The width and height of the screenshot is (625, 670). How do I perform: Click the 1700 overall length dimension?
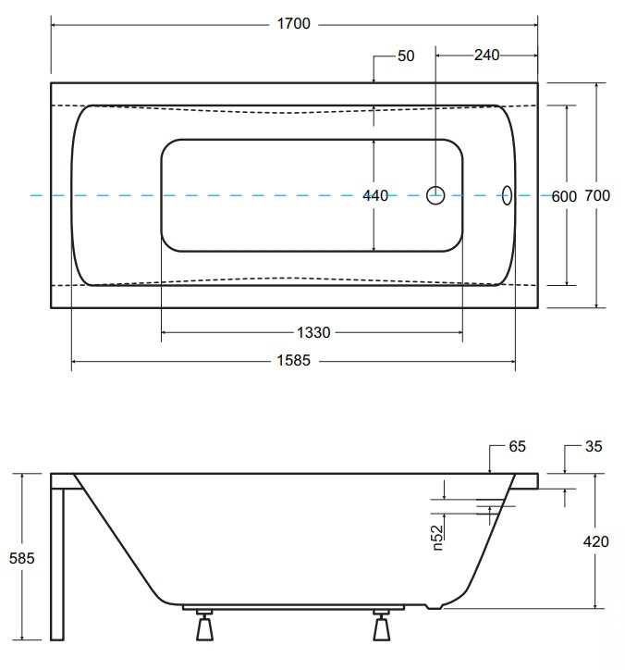[294, 23]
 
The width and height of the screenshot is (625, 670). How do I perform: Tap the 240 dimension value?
[486, 55]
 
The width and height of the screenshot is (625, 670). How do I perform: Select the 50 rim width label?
[406, 56]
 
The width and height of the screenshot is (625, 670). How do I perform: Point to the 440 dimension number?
[375, 195]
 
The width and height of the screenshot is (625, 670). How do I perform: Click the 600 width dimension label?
[564, 196]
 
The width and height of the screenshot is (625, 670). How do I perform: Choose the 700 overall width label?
[597, 195]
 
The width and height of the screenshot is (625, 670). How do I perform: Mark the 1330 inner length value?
[313, 332]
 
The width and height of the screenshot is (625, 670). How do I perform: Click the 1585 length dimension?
[294, 361]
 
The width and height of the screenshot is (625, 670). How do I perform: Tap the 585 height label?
[22, 558]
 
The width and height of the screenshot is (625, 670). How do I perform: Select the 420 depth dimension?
[596, 541]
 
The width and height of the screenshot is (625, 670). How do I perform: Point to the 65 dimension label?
[517, 446]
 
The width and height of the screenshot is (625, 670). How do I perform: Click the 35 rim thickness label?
[594, 446]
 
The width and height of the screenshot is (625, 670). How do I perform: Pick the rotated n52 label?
[437, 538]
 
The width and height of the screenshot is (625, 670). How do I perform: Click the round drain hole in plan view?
[435, 195]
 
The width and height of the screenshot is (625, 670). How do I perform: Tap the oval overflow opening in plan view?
[507, 195]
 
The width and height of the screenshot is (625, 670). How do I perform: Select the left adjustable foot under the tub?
[204, 626]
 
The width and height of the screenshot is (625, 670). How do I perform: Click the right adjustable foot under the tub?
[381, 626]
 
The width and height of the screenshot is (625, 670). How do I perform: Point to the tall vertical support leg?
[57, 564]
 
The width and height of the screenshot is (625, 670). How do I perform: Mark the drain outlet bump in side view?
[435, 606]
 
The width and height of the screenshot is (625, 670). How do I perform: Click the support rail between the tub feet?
[293, 607]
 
